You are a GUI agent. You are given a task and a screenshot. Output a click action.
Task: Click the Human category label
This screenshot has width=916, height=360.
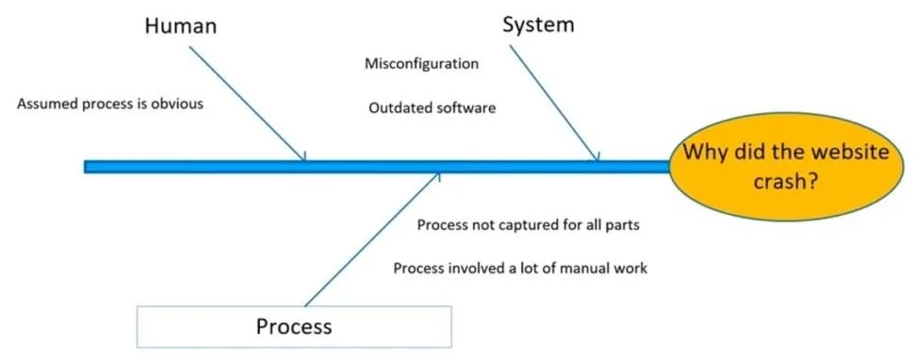pyautogui.click(x=181, y=25)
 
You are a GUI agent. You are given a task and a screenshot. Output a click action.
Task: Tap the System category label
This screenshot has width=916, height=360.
pyautogui.click(x=538, y=25)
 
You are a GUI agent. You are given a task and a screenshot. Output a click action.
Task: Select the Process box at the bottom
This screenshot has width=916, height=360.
pyautogui.click(x=294, y=326)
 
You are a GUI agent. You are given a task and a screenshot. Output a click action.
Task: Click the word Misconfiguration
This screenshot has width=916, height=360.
pyautogui.click(x=421, y=63)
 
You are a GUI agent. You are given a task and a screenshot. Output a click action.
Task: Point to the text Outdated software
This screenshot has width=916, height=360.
pyautogui.click(x=433, y=108)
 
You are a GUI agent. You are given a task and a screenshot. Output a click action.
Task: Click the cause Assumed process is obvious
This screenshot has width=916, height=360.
pyautogui.click(x=110, y=104)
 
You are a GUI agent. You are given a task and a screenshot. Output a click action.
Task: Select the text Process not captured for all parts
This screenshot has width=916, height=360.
pyautogui.click(x=528, y=225)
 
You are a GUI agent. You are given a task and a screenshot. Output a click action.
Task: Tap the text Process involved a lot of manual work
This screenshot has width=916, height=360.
pyautogui.click(x=520, y=269)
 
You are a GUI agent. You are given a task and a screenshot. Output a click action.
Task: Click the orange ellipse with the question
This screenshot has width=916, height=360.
pyautogui.click(x=786, y=167)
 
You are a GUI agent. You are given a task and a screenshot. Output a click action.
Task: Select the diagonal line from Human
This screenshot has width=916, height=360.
pyautogui.click(x=247, y=104)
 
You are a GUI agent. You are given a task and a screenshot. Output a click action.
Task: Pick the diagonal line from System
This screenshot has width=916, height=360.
pyautogui.click(x=554, y=103)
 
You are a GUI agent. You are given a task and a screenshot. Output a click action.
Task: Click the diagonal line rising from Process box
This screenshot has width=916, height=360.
pyautogui.click(x=371, y=239)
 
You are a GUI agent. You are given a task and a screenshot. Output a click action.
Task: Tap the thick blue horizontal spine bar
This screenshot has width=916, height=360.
pyautogui.click(x=377, y=167)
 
